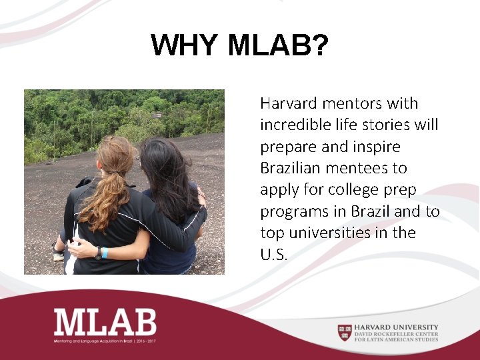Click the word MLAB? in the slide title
click(x=277, y=46)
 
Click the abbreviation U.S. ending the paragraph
click(x=273, y=254)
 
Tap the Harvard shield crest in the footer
click(x=344, y=331)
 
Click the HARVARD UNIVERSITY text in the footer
click(x=397, y=327)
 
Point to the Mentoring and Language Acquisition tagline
click(x=105, y=341)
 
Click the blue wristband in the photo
click(x=105, y=253)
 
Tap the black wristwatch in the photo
click(x=97, y=253)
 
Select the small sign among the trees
click(x=157, y=115)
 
